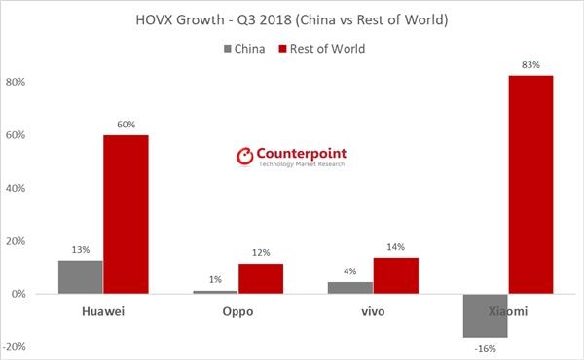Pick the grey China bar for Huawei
click(80, 276)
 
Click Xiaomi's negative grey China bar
click(485, 315)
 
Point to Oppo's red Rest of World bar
click(261, 278)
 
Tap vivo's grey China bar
click(350, 288)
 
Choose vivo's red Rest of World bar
click(395, 275)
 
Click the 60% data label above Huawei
click(126, 126)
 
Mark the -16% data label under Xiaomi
click(485, 347)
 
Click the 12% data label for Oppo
click(261, 254)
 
